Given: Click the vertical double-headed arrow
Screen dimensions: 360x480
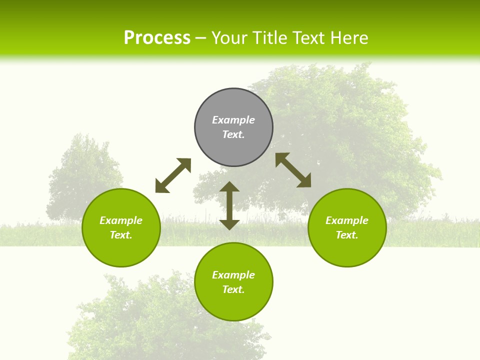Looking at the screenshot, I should [x=229, y=206].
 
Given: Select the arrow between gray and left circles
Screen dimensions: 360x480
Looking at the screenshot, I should [x=173, y=175].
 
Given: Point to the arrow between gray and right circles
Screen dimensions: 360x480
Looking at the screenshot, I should [x=293, y=170].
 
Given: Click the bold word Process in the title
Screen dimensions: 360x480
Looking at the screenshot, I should [x=157, y=38].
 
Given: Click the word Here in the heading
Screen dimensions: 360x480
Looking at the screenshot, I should [x=348, y=38].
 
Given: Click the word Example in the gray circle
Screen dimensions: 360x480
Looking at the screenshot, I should [x=233, y=120].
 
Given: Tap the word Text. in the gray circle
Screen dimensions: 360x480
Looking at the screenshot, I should [x=233, y=134].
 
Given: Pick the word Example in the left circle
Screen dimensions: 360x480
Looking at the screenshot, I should [x=121, y=220].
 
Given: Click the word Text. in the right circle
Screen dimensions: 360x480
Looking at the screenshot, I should [x=347, y=235].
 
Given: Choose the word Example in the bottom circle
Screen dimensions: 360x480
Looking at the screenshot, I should [x=233, y=275].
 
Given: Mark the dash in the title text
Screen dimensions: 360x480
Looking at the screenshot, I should [x=201, y=38].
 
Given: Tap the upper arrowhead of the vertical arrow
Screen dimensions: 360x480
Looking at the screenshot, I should [x=229, y=186].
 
